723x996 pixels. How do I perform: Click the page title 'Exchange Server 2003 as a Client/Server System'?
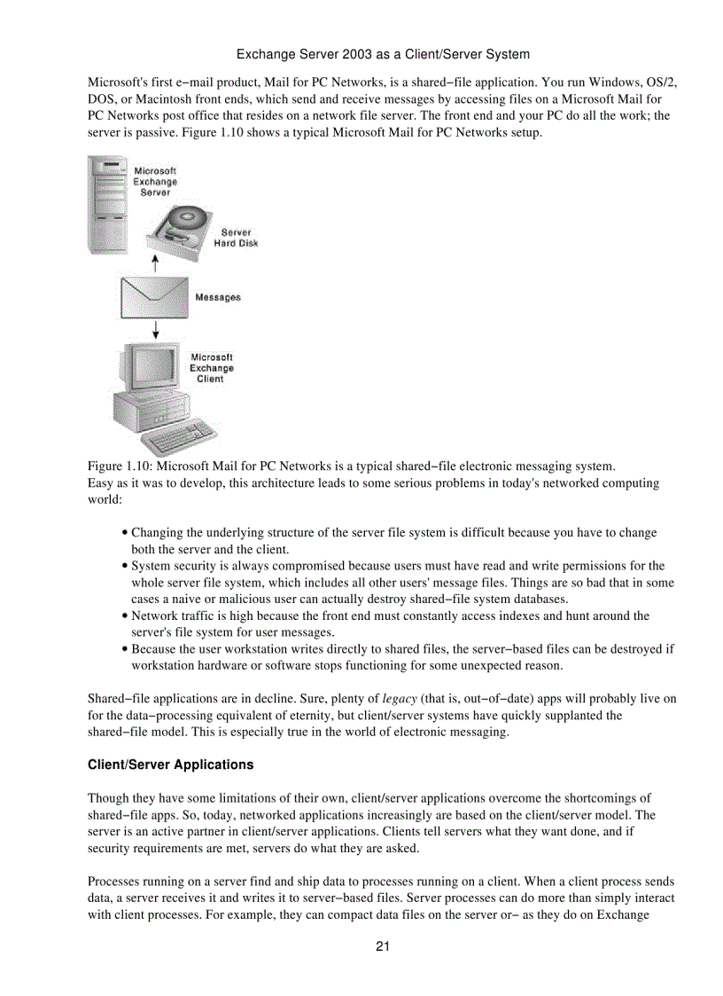tap(383, 54)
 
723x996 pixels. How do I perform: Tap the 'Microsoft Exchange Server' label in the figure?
tap(155, 181)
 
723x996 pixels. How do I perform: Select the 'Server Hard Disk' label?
tap(236, 238)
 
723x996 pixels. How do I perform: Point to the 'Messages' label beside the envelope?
tap(217, 297)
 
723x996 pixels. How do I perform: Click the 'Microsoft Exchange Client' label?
tap(211, 368)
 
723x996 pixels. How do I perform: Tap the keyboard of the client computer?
tap(180, 435)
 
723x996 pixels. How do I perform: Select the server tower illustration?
tap(107, 204)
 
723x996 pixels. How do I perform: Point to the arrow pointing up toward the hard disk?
tap(155, 263)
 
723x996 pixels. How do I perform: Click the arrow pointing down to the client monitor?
tap(155, 329)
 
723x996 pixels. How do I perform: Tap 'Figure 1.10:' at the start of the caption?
tap(117, 466)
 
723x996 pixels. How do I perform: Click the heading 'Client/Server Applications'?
tap(170, 765)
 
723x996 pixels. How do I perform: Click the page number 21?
tap(383, 945)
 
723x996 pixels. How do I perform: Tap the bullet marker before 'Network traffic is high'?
tap(125, 616)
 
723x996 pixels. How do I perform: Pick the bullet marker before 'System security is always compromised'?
tap(125, 566)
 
